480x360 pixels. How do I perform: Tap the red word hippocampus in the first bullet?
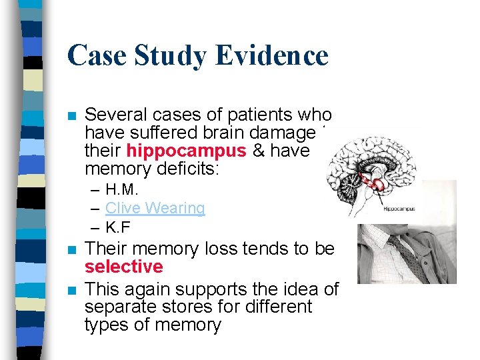pyautogui.click(x=177, y=151)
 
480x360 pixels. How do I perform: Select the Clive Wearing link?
pyautogui.click(x=155, y=208)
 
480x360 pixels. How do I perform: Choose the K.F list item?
pyautogui.click(x=118, y=227)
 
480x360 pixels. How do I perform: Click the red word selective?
pyautogui.click(x=123, y=267)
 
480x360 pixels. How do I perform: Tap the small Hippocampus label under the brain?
pyautogui.click(x=399, y=209)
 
